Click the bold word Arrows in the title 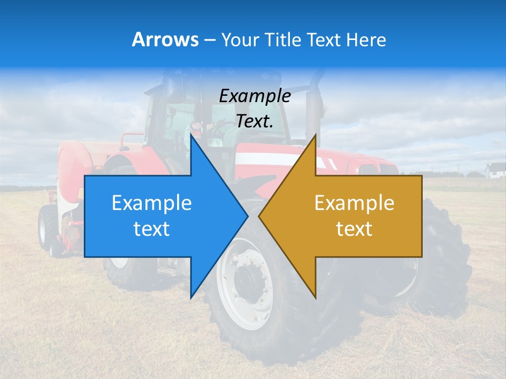165,39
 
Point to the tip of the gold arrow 259,216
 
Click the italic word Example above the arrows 255,96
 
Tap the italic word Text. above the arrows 255,122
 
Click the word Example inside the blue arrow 152,203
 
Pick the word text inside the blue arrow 152,229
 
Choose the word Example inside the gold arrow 354,203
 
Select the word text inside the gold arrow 354,229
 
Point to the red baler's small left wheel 46,227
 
